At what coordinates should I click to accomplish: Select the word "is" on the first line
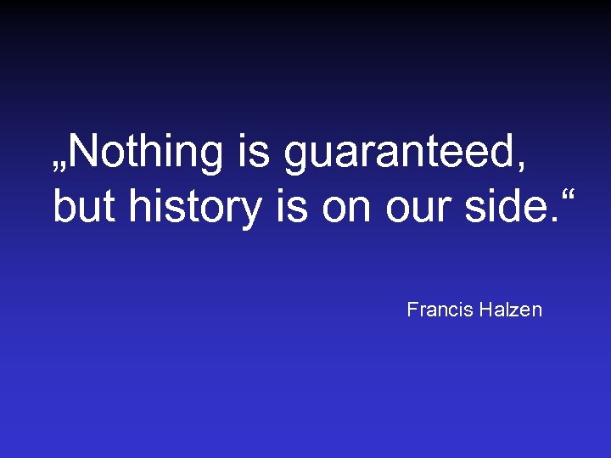click(253, 153)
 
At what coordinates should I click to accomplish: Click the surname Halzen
click(509, 310)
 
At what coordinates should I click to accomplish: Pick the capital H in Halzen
click(484, 310)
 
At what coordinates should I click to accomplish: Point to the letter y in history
click(251, 213)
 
